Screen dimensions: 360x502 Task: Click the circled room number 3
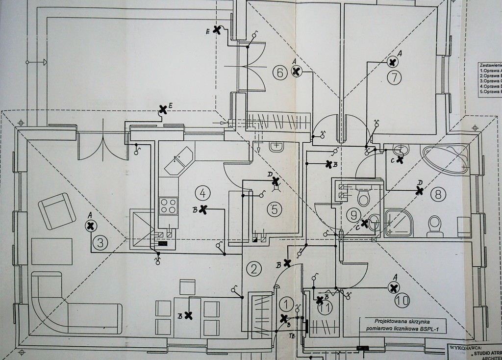tap(100, 242)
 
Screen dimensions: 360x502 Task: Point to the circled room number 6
tap(280, 73)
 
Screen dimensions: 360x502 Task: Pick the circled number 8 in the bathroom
tap(438, 194)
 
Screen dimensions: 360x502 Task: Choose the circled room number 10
tap(402, 301)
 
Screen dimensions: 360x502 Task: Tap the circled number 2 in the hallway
tap(253, 268)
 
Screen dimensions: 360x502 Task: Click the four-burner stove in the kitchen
tap(168, 205)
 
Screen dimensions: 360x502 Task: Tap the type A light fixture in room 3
tap(91, 226)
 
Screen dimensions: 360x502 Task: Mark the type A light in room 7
tap(392, 62)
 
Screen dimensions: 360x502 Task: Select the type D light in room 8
tap(419, 191)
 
